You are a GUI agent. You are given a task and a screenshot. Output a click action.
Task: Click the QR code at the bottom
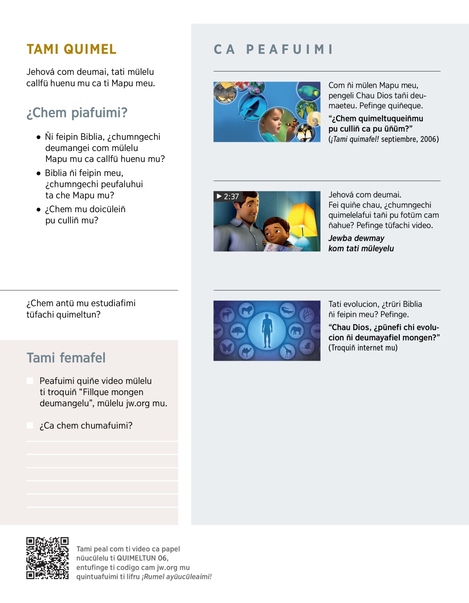(47, 558)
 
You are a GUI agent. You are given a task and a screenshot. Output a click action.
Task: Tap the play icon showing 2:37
(219, 196)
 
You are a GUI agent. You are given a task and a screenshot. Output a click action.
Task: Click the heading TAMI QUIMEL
(72, 49)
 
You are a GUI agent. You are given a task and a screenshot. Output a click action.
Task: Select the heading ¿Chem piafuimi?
(77, 113)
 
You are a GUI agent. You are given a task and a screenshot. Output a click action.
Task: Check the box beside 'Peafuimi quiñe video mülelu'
(30, 381)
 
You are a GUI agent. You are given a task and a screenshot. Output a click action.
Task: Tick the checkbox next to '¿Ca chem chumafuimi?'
(30, 425)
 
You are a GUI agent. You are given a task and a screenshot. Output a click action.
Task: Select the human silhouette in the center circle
(267, 330)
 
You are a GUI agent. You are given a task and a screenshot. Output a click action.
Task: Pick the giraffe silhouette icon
(288, 351)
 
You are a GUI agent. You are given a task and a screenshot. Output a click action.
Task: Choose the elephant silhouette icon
(296, 331)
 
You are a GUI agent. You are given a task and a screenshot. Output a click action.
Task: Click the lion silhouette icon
(246, 311)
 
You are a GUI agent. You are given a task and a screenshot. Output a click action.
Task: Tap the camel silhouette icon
(246, 351)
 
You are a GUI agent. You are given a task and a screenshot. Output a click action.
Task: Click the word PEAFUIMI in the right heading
(289, 50)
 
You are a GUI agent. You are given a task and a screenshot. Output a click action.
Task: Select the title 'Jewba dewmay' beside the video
(356, 238)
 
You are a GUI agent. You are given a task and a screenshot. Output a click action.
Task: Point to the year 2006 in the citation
(429, 139)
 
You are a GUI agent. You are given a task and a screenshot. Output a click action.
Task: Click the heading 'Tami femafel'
(66, 358)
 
